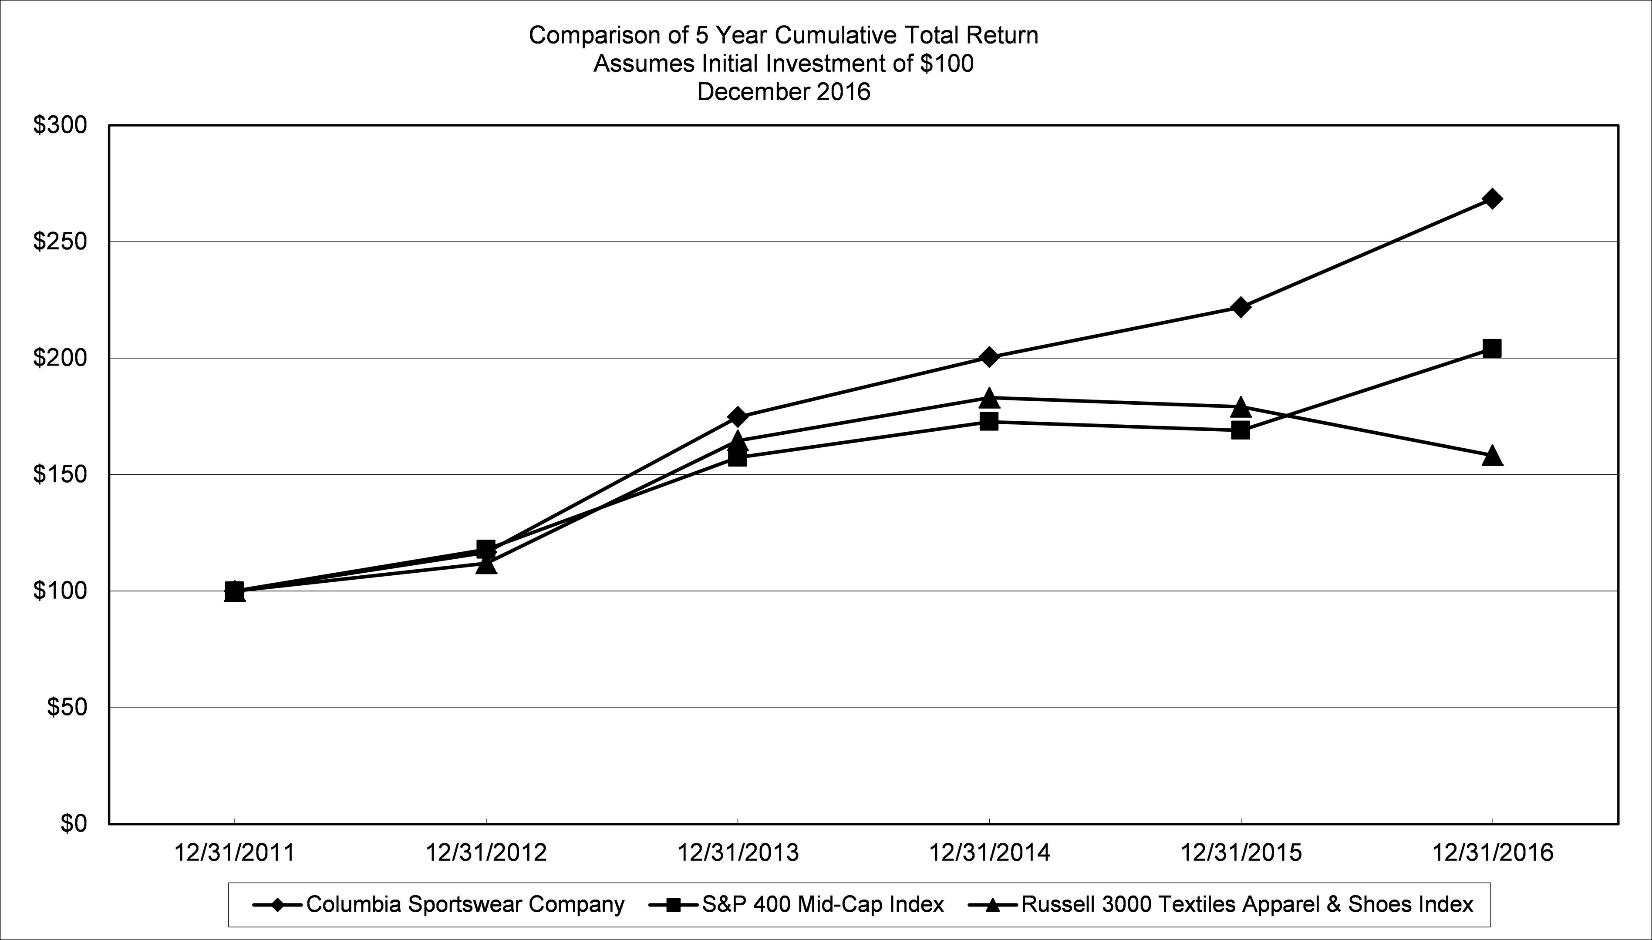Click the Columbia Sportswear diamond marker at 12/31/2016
(x=1492, y=198)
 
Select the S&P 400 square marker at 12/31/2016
(x=1492, y=349)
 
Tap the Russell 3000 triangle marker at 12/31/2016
(x=1492, y=456)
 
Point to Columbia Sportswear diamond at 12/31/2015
(x=1240, y=307)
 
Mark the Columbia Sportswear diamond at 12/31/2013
(x=738, y=416)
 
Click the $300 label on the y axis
(x=59, y=125)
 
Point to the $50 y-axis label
(x=67, y=708)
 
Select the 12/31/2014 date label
(x=989, y=853)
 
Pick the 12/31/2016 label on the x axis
(x=1492, y=853)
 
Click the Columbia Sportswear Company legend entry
(x=465, y=904)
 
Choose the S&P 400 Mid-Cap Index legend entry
(x=822, y=904)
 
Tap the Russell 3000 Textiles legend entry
(x=1247, y=904)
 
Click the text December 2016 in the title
(x=783, y=92)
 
